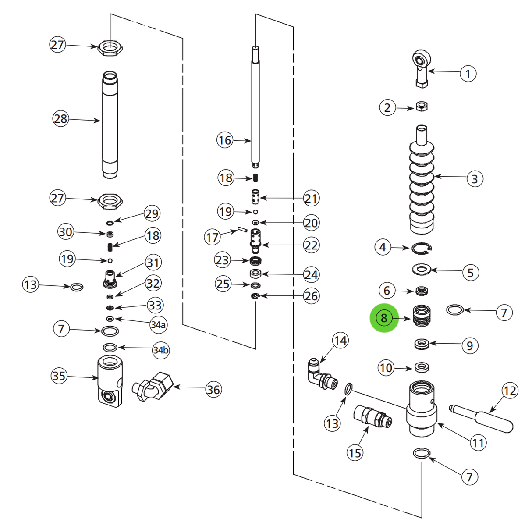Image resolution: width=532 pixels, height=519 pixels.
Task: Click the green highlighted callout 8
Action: point(384,318)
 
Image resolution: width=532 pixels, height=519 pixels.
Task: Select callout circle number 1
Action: point(468,73)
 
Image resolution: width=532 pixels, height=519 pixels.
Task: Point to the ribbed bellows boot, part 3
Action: point(422,184)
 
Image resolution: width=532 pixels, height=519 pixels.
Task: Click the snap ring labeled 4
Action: point(422,249)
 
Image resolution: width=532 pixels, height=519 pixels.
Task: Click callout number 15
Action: point(355,452)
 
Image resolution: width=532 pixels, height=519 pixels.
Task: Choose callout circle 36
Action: point(213,389)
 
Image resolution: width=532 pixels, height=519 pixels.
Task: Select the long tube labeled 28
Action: point(110,125)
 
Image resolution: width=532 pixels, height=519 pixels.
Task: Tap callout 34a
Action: point(158,325)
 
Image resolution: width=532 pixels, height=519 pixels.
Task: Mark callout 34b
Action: point(160,350)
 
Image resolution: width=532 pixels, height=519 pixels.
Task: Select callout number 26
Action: point(311,296)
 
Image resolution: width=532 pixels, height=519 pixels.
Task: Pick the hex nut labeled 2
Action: point(422,107)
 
